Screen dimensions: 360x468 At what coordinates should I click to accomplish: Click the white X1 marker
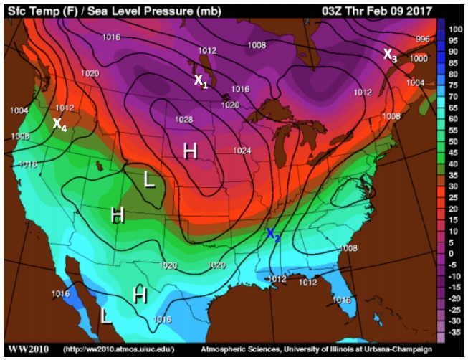click(x=201, y=82)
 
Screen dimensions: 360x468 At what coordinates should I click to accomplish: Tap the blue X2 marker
click(x=273, y=234)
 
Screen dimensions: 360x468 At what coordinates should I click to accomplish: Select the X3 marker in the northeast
click(x=389, y=55)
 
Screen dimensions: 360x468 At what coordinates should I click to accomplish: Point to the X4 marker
click(x=60, y=124)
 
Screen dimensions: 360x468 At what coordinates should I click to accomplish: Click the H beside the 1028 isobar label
click(x=190, y=151)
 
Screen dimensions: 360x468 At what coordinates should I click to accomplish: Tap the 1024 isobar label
click(x=243, y=151)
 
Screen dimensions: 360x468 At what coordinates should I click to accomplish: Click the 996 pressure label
click(x=423, y=39)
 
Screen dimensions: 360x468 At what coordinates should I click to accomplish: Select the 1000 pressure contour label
click(x=418, y=58)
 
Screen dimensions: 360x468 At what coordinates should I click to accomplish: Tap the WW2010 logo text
click(x=28, y=349)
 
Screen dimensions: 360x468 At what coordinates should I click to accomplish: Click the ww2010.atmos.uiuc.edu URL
click(x=118, y=350)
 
